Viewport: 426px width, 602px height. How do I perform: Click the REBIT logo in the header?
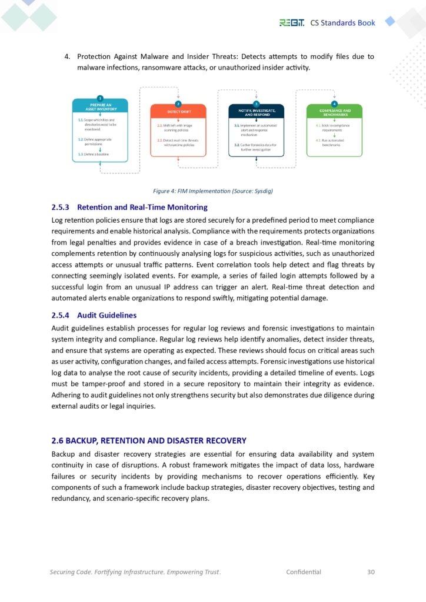tap(292, 22)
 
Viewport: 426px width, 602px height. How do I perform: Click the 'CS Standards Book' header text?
tap(342, 22)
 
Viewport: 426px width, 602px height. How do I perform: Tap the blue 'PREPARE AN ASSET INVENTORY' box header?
tap(100, 106)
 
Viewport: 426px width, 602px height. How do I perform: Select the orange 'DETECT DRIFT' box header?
tap(178, 111)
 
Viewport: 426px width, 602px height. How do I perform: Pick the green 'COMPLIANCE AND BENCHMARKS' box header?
tap(334, 111)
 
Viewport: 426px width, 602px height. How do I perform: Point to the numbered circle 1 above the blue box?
tap(100, 98)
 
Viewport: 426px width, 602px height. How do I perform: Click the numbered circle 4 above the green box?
tap(334, 103)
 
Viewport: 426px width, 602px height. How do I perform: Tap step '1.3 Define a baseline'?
tap(94, 154)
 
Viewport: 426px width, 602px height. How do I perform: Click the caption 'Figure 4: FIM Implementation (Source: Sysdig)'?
tap(212, 190)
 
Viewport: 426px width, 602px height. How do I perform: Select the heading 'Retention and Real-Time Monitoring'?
tap(142, 207)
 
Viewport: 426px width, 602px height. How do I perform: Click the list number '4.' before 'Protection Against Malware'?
tap(67, 56)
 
